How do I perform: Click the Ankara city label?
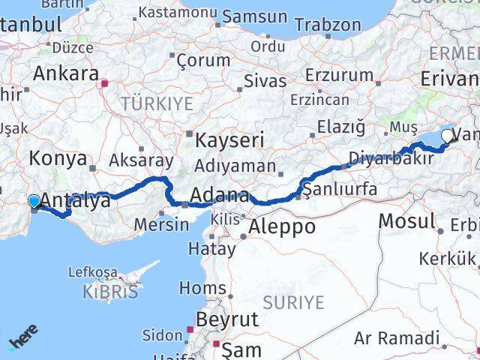pyautogui.click(x=66, y=73)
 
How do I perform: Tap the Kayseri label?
pyautogui.click(x=229, y=140)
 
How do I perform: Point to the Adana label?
pyautogui.click(x=219, y=196)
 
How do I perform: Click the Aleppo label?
pyautogui.click(x=282, y=226)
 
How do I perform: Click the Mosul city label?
pyautogui.click(x=406, y=221)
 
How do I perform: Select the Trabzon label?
pyautogui.click(x=328, y=24)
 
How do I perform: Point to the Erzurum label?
pyautogui.click(x=339, y=75)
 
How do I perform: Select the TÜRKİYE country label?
pyautogui.click(x=157, y=103)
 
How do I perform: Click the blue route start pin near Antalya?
pyautogui.click(x=34, y=201)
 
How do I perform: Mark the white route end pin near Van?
pyautogui.click(x=448, y=136)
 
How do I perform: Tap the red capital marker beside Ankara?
pyautogui.click(x=106, y=83)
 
